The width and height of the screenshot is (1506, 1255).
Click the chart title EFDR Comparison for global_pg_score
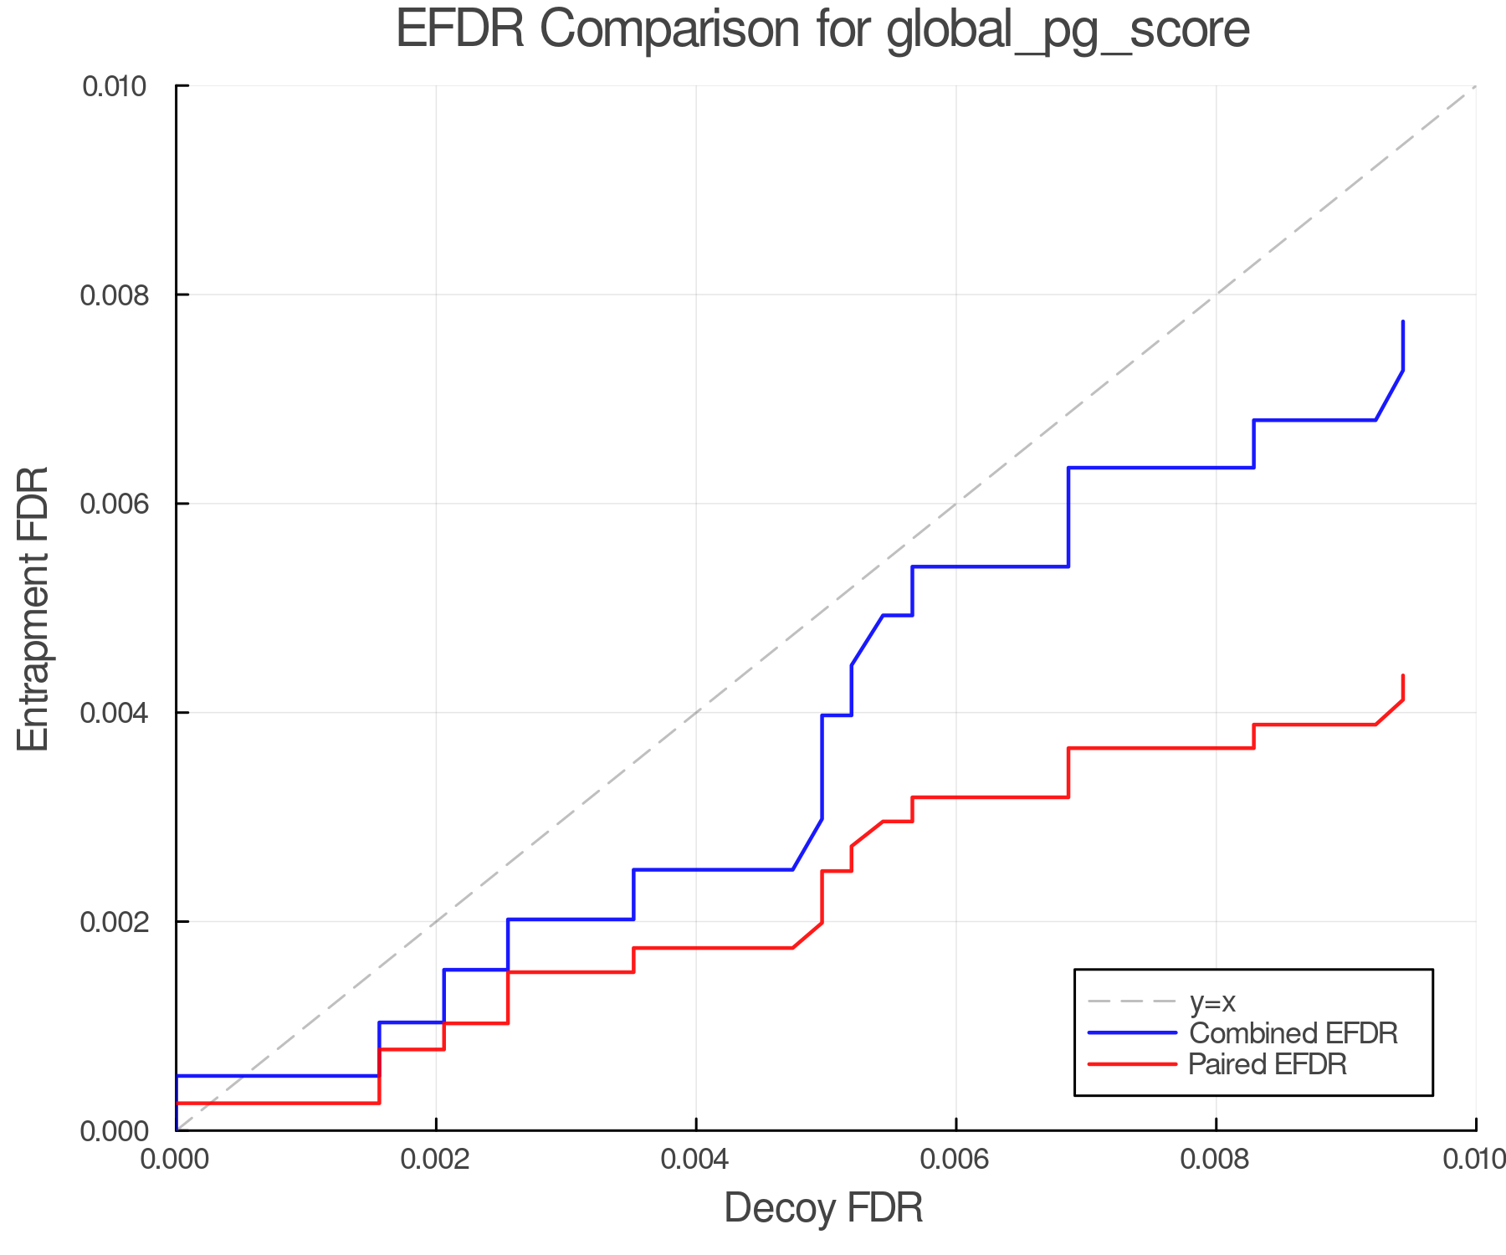tap(822, 29)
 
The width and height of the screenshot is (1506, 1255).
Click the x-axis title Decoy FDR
tap(823, 1208)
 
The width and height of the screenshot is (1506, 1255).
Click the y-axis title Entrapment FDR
tap(33, 608)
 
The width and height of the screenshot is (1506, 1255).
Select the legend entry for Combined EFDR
tap(1293, 1033)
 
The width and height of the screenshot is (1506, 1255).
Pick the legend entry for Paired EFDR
tap(1268, 1064)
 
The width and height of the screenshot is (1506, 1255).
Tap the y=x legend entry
tap(1212, 1001)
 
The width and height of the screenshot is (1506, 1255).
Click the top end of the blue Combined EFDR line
tap(1403, 322)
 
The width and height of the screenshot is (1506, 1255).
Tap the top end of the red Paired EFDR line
tap(1403, 676)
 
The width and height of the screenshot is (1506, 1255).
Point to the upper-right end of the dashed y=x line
tap(1474, 87)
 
